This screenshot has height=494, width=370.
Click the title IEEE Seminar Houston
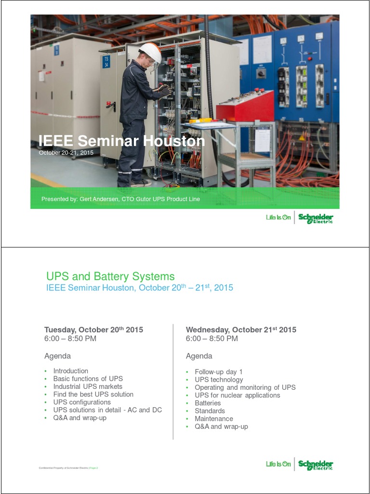[x=121, y=141]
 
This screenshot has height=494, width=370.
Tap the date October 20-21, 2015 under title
[x=66, y=152]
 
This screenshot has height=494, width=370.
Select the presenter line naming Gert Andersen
[x=120, y=199]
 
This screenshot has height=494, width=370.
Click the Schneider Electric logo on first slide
[x=316, y=218]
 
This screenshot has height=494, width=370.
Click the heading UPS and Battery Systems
[x=110, y=276]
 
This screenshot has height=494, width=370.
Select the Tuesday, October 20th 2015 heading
[x=93, y=330]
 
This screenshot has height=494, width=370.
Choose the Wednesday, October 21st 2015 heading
[x=241, y=330]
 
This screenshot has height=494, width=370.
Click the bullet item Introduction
[x=70, y=371]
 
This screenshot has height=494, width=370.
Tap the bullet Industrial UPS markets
[x=88, y=386]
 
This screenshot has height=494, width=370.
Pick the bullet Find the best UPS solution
[x=93, y=394]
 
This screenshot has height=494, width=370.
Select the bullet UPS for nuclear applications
[x=237, y=395]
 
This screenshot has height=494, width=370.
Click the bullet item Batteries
[x=208, y=403]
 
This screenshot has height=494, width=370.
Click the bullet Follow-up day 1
[x=219, y=371]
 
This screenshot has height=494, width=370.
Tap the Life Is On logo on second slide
[x=278, y=464]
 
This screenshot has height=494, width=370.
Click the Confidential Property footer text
[x=67, y=467]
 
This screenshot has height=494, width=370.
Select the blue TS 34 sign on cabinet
[x=106, y=61]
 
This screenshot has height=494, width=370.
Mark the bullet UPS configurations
[x=82, y=402]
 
